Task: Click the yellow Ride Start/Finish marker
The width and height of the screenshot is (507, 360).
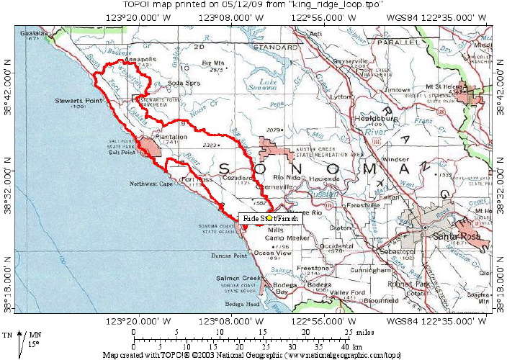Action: [269, 217]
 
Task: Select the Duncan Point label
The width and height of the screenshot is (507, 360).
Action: [230, 256]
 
